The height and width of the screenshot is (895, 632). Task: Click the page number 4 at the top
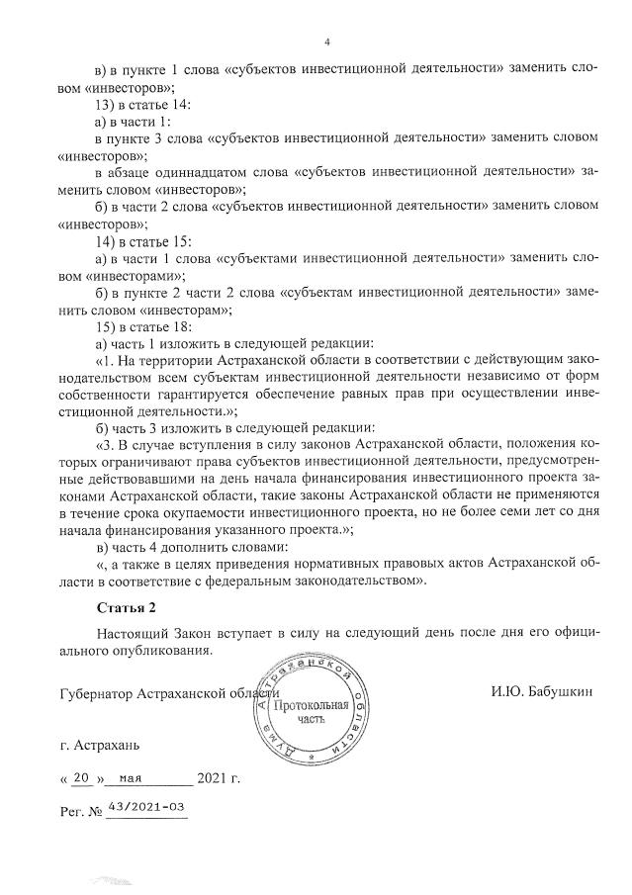click(326, 43)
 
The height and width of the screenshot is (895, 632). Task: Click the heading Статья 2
click(126, 605)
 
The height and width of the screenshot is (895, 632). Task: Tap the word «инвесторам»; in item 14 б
click(189, 309)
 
